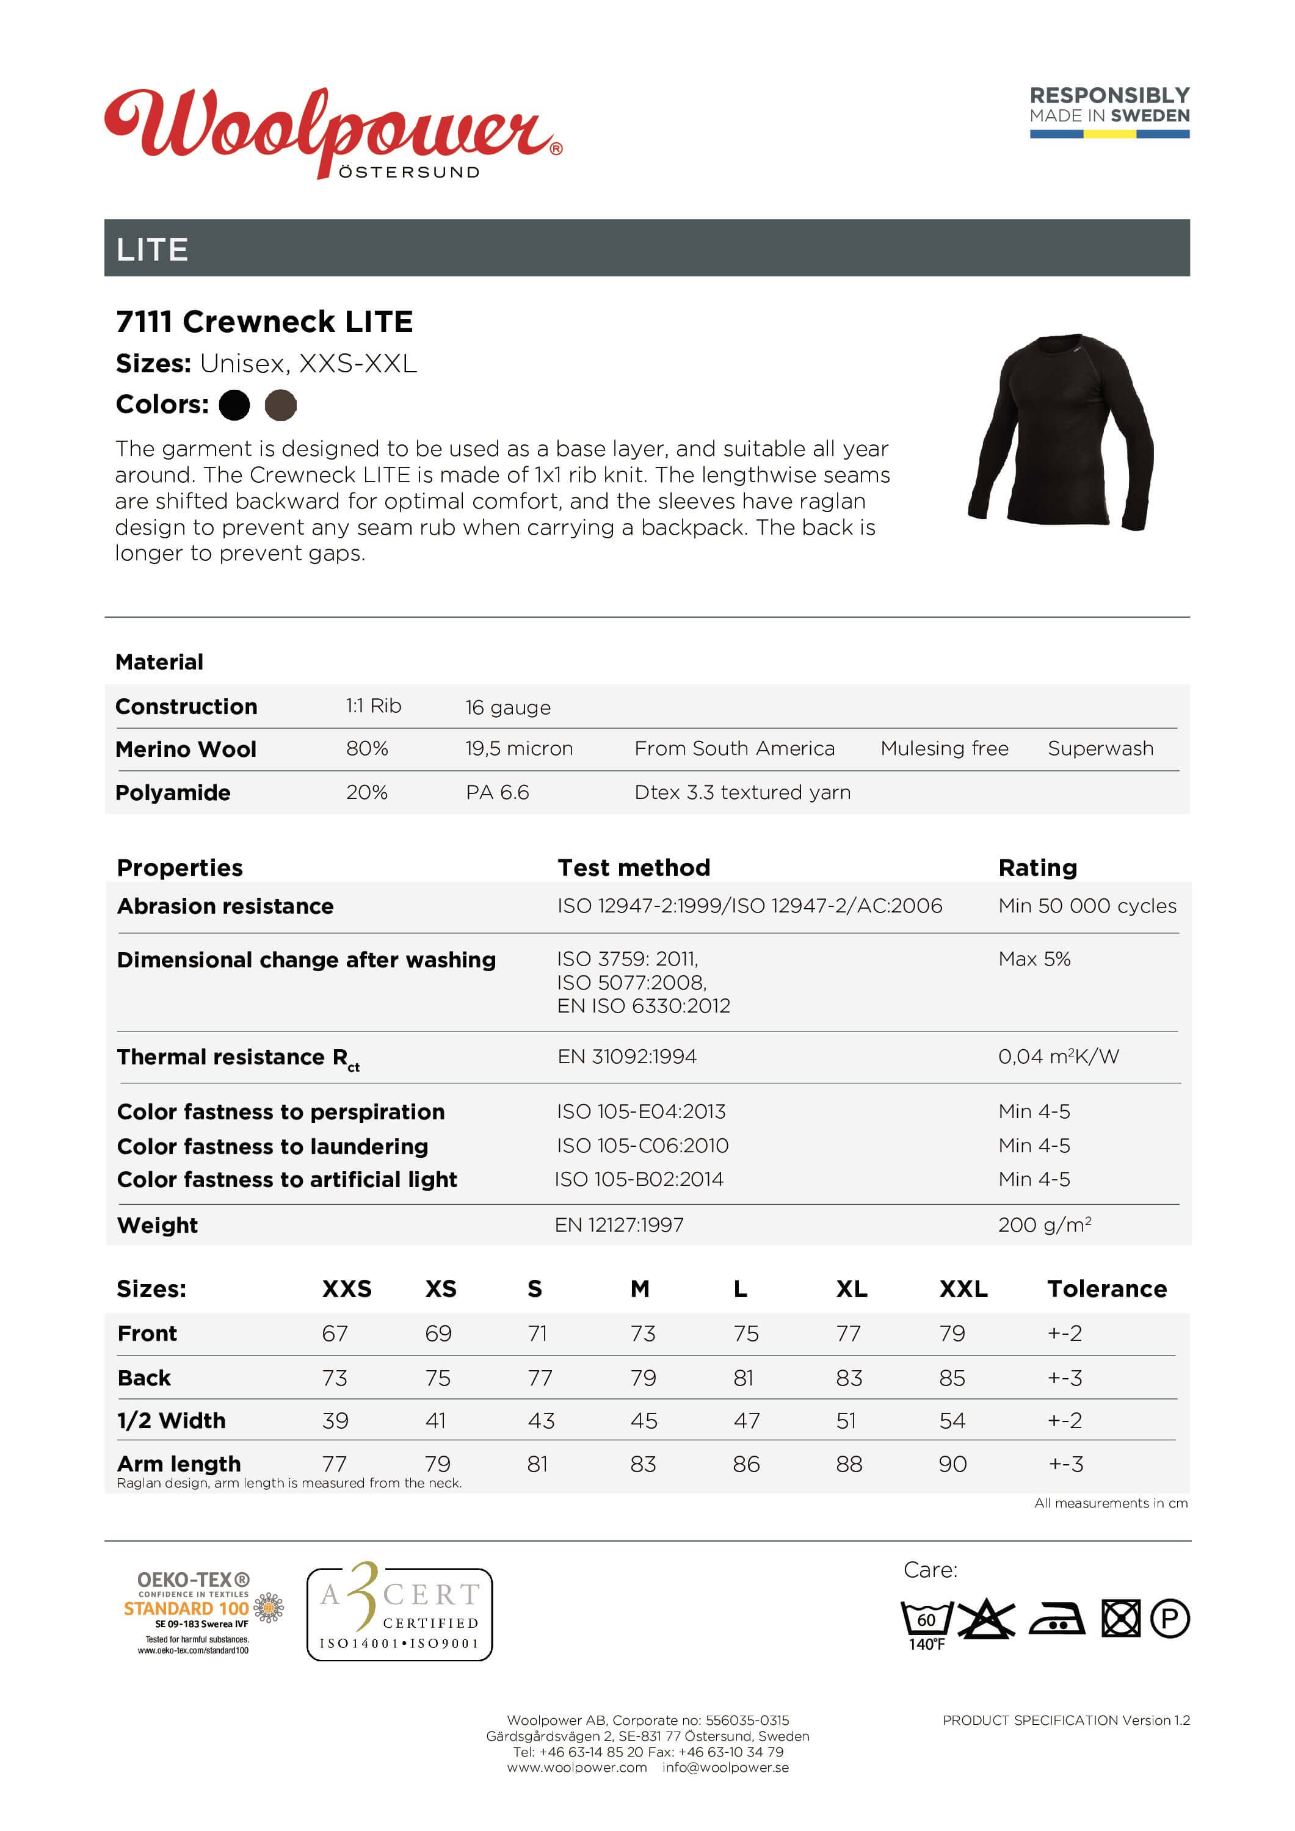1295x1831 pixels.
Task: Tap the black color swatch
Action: (x=234, y=405)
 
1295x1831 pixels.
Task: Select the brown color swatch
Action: (x=280, y=405)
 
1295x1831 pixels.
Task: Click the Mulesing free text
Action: (x=944, y=749)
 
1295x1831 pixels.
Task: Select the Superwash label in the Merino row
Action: (x=1100, y=749)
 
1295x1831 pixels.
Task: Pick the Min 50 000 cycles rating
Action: (x=1087, y=906)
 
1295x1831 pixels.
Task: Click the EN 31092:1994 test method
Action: (x=626, y=1056)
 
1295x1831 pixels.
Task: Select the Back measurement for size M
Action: (x=643, y=1378)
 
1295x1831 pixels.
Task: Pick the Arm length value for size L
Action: (x=746, y=1464)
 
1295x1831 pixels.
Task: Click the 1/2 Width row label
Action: (x=171, y=1420)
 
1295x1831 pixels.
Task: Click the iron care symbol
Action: (x=1056, y=1619)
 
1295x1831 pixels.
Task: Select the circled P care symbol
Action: (x=1170, y=1619)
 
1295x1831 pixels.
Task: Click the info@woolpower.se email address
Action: (x=725, y=1767)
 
